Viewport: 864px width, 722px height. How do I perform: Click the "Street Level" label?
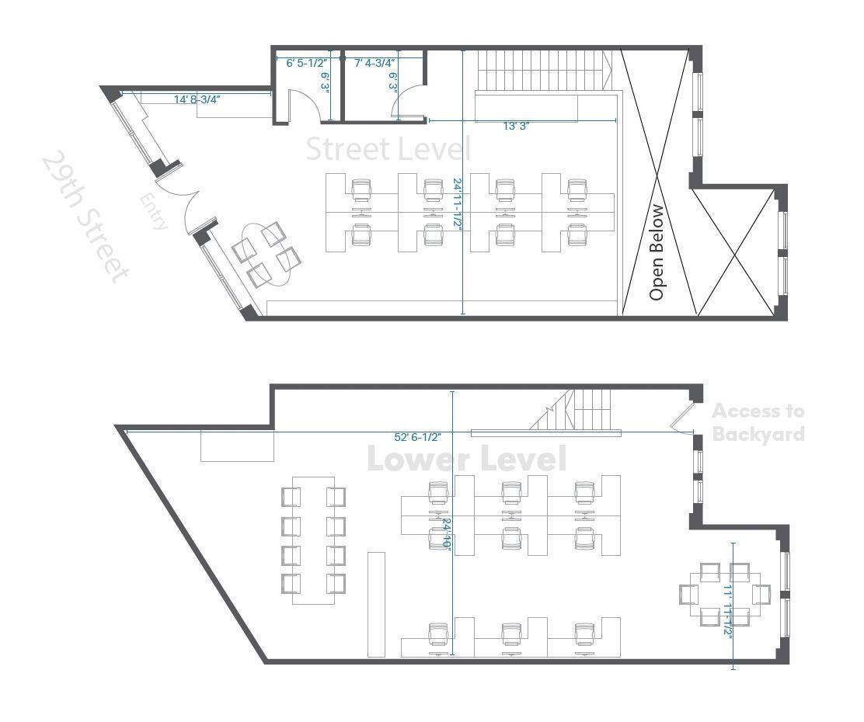tap(388, 148)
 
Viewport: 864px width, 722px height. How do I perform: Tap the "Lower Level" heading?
tap(466, 459)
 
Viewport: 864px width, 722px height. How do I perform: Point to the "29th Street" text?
tap(84, 217)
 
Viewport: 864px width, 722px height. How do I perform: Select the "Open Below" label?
tap(657, 252)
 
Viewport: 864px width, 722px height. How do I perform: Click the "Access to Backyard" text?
tap(758, 422)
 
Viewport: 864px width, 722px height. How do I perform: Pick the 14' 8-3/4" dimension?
tap(197, 99)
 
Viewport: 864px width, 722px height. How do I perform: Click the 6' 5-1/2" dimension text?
tap(307, 63)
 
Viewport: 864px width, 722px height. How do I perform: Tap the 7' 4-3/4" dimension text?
tap(375, 63)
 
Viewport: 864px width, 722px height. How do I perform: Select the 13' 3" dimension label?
tap(515, 126)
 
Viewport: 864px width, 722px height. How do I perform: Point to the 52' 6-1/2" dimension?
tap(417, 438)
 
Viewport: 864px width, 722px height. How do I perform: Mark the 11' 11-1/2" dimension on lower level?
tap(728, 610)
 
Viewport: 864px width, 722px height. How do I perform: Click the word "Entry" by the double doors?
tap(154, 211)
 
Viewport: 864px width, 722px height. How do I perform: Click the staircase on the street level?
tap(544, 71)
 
